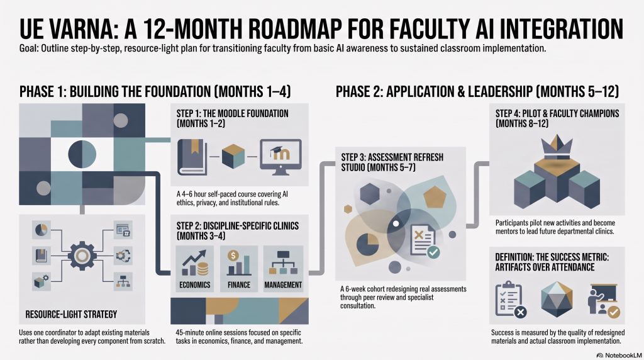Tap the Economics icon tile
tap(195, 269)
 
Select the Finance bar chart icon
tap(239, 263)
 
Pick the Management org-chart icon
tap(284, 263)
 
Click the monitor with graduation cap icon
tap(280, 157)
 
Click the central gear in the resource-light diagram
tap(82, 256)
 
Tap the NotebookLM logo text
tap(619, 355)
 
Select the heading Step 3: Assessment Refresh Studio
tap(392, 162)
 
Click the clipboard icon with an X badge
tap(511, 299)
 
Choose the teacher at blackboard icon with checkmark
tap(604, 301)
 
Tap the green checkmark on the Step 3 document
tap(433, 252)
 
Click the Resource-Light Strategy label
tap(71, 315)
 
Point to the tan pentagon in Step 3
tap(435, 196)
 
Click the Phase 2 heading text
tap(477, 91)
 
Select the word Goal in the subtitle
tap(29, 48)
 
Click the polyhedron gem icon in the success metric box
tap(557, 299)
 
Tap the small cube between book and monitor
tap(233, 157)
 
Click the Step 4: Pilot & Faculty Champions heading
tap(557, 118)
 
